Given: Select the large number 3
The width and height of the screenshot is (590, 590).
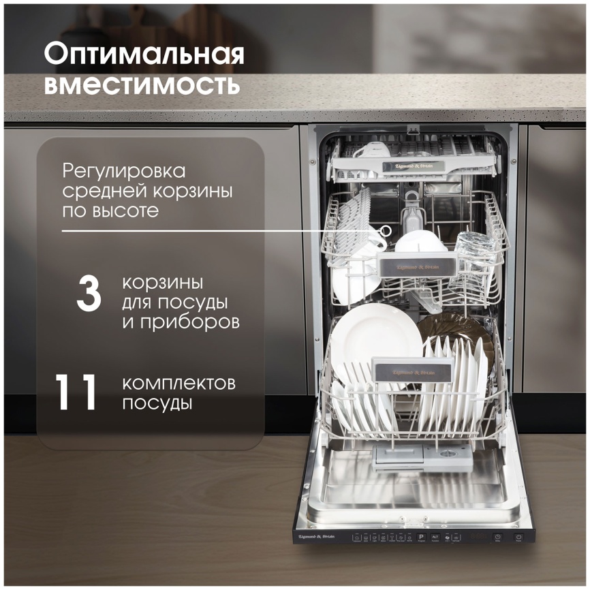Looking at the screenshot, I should coord(89,294).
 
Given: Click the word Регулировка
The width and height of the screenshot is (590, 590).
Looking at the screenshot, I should coord(123,170).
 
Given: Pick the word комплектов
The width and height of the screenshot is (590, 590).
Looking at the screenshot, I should coord(179,383).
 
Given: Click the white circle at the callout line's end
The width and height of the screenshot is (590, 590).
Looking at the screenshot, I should coord(388,230).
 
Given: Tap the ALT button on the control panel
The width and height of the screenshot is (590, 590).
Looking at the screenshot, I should coord(435,537).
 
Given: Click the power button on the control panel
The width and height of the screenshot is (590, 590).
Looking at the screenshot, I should coord(518,537).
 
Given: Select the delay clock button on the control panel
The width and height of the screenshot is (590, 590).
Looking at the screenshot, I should coord(498,537).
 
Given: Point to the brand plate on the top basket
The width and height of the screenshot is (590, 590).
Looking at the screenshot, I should coord(418,166).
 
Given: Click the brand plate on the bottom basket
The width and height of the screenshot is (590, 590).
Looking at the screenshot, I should coord(413,371).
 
